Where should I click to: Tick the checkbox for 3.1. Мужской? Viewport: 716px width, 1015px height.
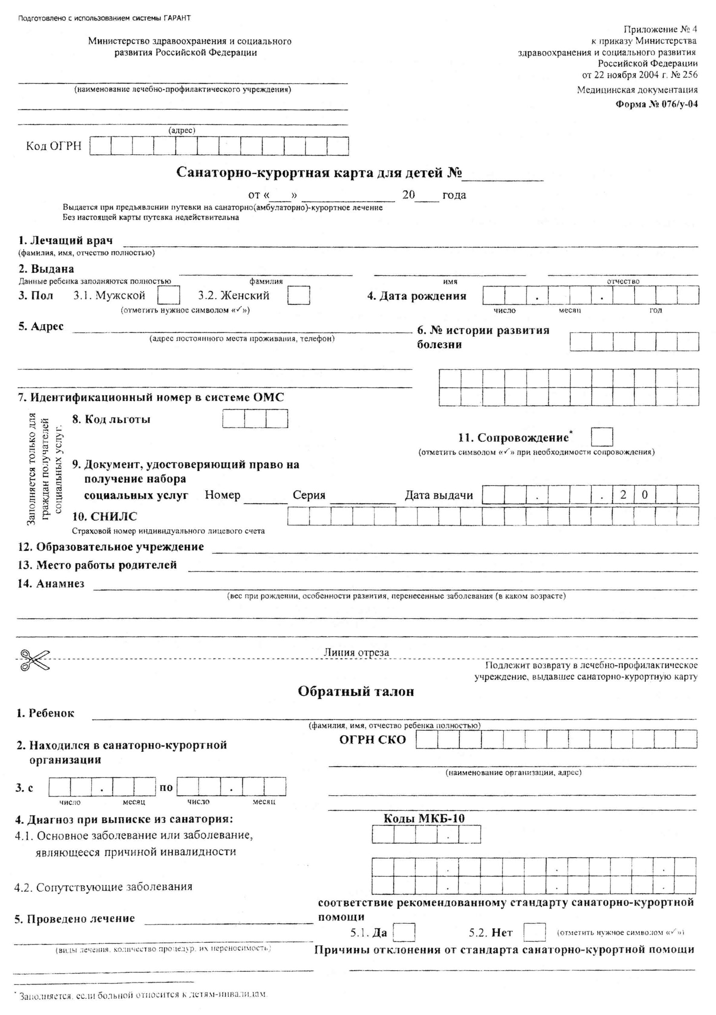tap(169, 295)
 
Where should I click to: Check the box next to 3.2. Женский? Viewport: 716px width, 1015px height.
tap(298, 295)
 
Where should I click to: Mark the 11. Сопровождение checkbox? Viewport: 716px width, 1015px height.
tap(602, 437)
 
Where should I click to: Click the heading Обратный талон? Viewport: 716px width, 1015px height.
tap(356, 691)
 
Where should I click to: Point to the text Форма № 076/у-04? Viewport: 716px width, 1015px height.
tap(657, 105)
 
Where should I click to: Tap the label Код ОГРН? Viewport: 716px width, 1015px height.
tap(54, 146)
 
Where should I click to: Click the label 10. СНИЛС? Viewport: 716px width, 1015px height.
tap(104, 516)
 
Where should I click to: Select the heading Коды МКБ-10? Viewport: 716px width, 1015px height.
tap(424, 818)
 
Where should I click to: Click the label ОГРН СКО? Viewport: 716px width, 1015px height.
tap(372, 739)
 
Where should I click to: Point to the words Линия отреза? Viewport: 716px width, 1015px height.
tap(356, 653)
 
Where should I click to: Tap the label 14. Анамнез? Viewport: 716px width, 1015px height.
tap(51, 584)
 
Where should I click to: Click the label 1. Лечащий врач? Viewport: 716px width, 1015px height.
tap(65, 241)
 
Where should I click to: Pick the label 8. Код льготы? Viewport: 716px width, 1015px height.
tap(111, 419)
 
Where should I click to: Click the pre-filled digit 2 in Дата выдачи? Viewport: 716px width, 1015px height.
tap(623, 495)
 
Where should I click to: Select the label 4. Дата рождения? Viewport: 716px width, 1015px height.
tap(416, 296)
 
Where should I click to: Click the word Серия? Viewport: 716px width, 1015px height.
tap(309, 495)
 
